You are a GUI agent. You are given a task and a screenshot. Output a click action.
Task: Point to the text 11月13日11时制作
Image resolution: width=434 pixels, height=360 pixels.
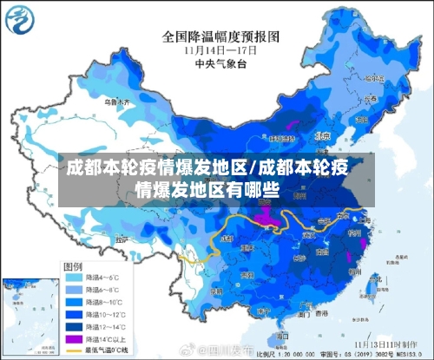tap(396, 344)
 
